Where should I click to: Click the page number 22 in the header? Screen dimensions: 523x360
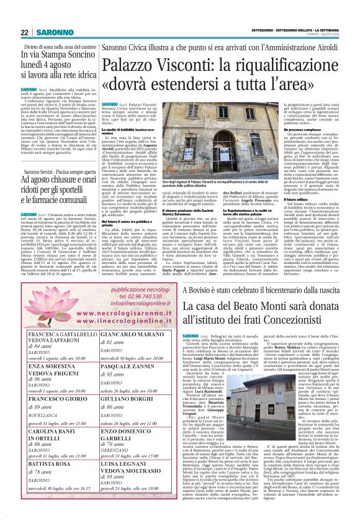point(24,32)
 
